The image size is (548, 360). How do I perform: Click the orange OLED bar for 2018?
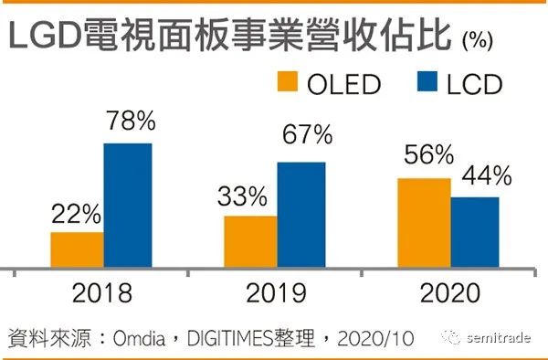point(78,250)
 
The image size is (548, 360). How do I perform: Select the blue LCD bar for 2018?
point(128,206)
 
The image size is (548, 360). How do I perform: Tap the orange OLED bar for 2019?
point(250,242)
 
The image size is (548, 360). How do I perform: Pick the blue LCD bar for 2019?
point(301,215)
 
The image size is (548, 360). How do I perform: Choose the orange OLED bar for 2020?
point(425,223)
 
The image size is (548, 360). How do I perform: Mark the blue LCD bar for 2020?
point(475,232)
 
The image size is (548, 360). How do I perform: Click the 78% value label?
point(131,121)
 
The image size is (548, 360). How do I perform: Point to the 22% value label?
point(77,214)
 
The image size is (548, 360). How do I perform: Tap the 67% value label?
point(308,134)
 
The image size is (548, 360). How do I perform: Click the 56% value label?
point(429,154)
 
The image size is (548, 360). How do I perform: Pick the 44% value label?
point(487,175)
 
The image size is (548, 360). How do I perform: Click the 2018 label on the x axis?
point(102,293)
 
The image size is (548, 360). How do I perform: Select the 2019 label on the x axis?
point(276,293)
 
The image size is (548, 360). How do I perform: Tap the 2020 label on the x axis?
point(450,293)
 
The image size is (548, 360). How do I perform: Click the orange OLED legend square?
point(288,81)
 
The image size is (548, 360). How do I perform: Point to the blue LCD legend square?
point(427,81)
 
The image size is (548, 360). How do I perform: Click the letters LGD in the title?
point(45,36)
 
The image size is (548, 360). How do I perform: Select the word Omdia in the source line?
point(140,338)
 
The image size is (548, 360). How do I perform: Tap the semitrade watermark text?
point(499,338)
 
